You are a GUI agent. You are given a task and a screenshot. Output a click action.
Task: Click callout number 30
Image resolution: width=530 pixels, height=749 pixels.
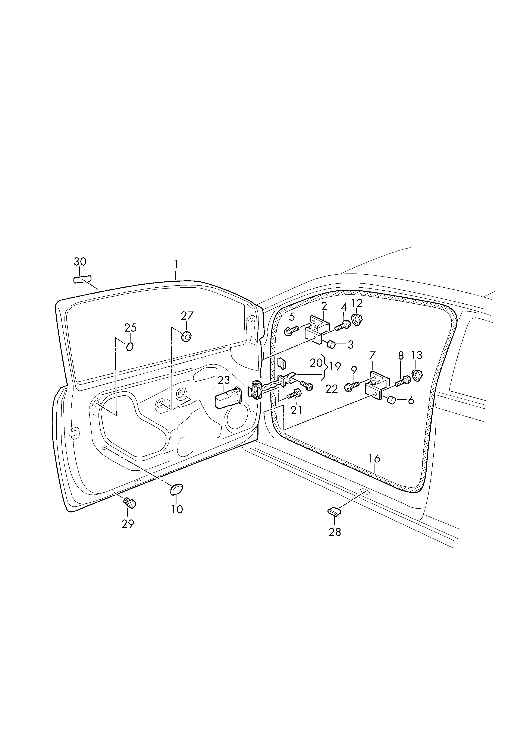pos(80,262)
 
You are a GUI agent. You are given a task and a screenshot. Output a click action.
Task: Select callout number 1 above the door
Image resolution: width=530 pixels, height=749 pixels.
pos(176,264)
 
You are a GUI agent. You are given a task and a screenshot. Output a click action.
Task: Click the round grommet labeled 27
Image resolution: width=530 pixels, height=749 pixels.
pos(186,336)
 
